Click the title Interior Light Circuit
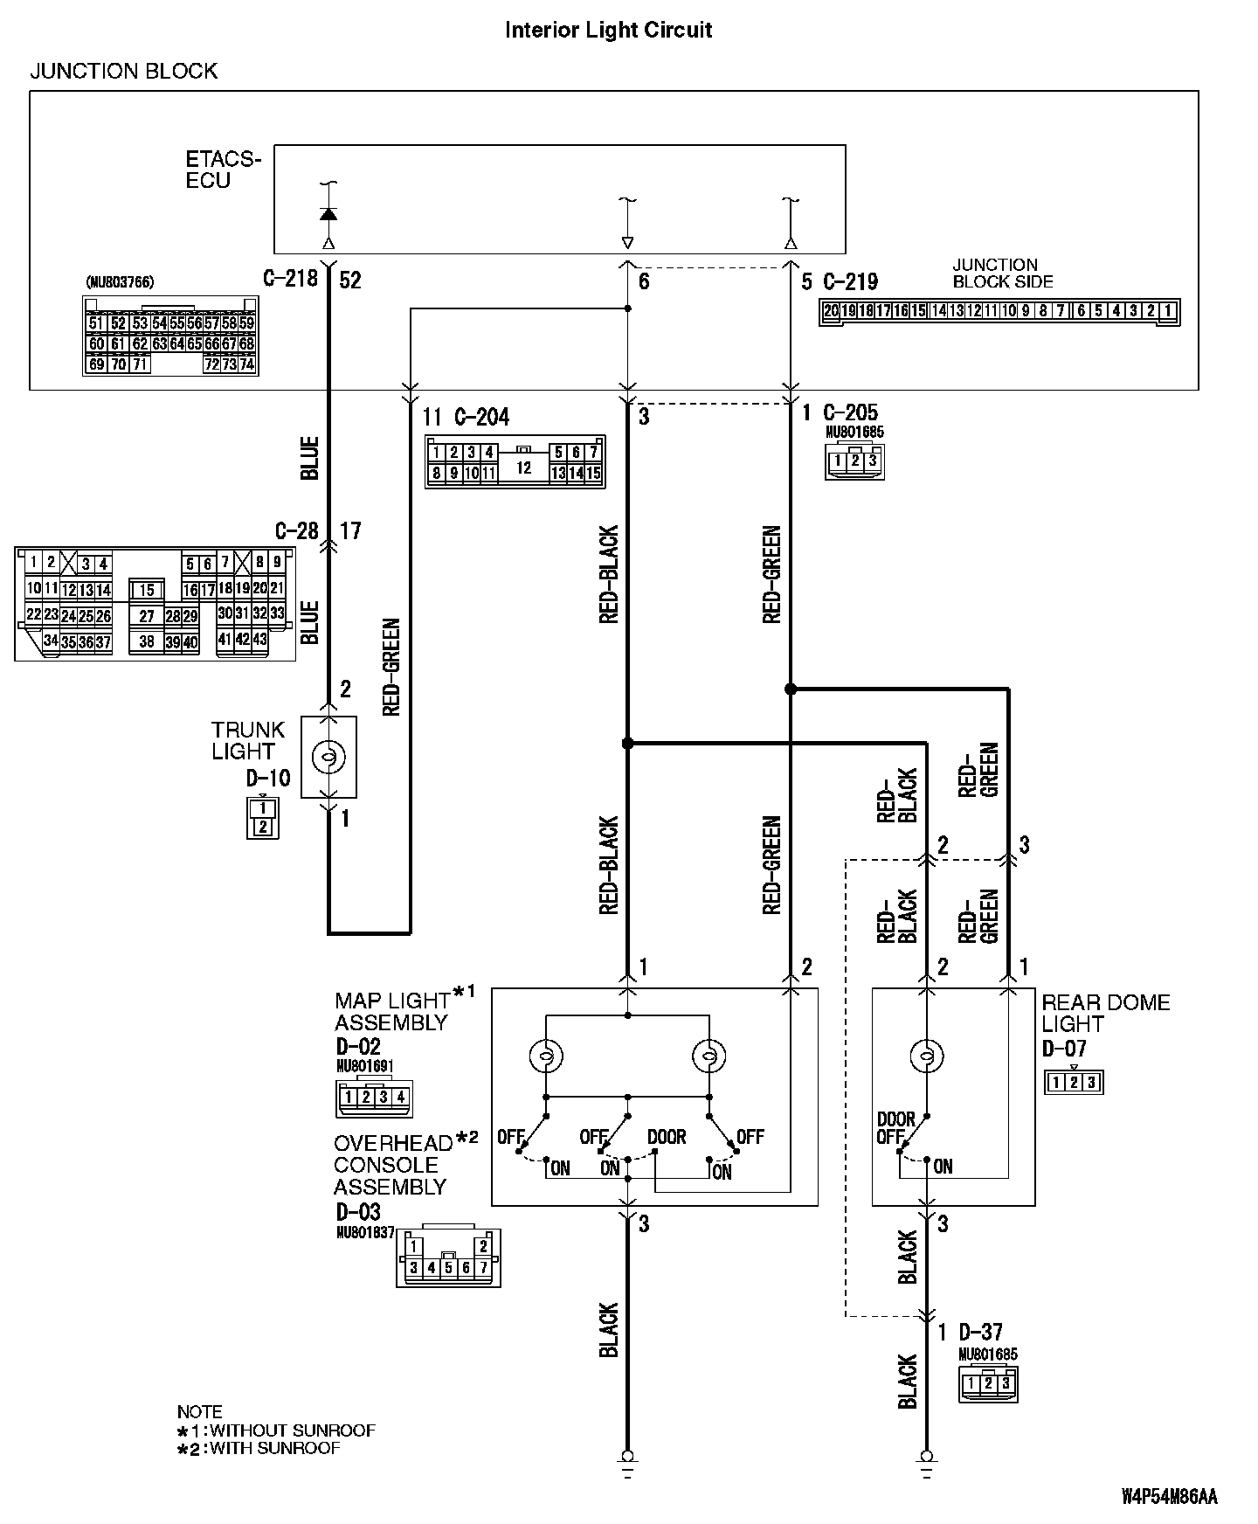609,30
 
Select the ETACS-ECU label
222,170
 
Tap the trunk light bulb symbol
328,758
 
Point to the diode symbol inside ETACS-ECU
328,214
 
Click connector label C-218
290,280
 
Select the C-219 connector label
850,281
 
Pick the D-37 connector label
980,1333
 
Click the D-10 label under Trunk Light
267,779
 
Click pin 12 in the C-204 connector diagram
523,468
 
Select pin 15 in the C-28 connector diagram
147,591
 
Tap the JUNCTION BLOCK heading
123,71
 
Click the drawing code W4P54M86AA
1169,1497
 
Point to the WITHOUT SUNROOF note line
276,1430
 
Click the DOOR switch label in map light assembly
667,1138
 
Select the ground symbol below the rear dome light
926,1458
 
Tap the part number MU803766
120,283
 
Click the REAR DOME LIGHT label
1105,1014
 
